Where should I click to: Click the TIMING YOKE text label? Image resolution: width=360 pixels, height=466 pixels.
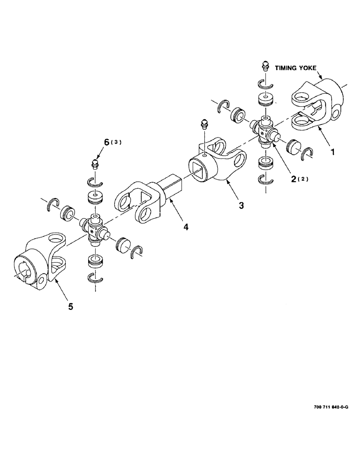point(296,68)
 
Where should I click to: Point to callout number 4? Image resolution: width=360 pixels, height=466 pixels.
point(186,227)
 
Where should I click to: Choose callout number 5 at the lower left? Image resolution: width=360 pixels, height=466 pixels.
point(71,306)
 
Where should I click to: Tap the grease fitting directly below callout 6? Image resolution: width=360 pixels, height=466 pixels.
point(95,164)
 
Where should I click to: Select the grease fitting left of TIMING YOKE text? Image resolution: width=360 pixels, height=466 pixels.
point(265,66)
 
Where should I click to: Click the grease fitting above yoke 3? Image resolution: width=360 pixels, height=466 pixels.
point(203,125)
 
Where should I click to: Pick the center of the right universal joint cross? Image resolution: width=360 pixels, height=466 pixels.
point(264,130)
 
